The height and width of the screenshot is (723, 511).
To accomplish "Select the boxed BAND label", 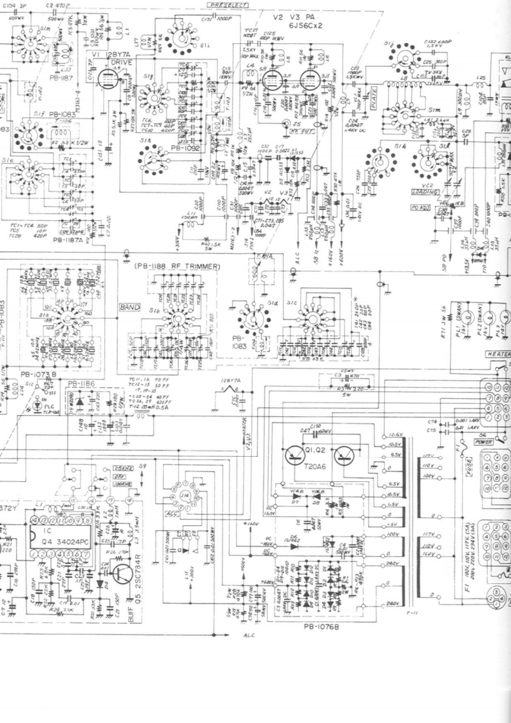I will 130,308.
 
